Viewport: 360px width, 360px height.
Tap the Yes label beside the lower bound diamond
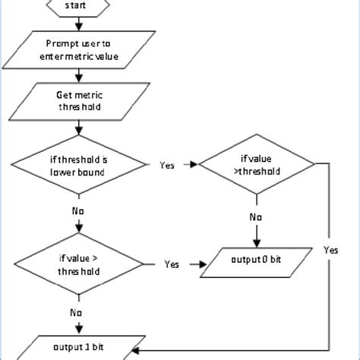[x=168, y=165]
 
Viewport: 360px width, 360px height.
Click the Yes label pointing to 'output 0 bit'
[x=172, y=265]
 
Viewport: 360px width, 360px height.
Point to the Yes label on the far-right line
[x=331, y=250]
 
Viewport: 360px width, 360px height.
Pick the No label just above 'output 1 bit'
[x=77, y=311]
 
